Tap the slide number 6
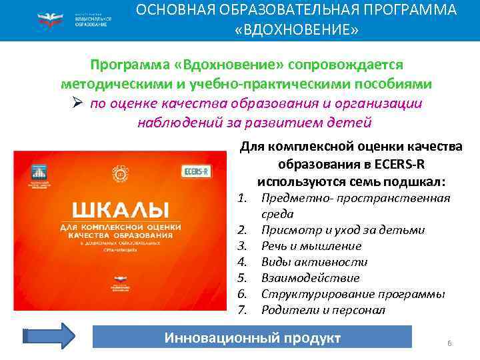click(449, 343)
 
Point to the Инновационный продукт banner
click(252, 338)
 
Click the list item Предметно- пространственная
click(355, 198)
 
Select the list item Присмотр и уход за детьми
click(343, 230)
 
